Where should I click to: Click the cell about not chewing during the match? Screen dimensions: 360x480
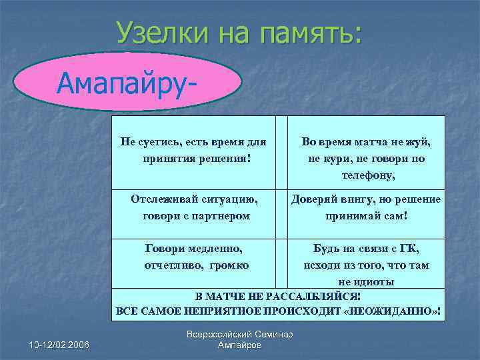click(x=366, y=159)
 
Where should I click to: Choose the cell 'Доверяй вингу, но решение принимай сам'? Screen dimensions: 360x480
click(x=366, y=207)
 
